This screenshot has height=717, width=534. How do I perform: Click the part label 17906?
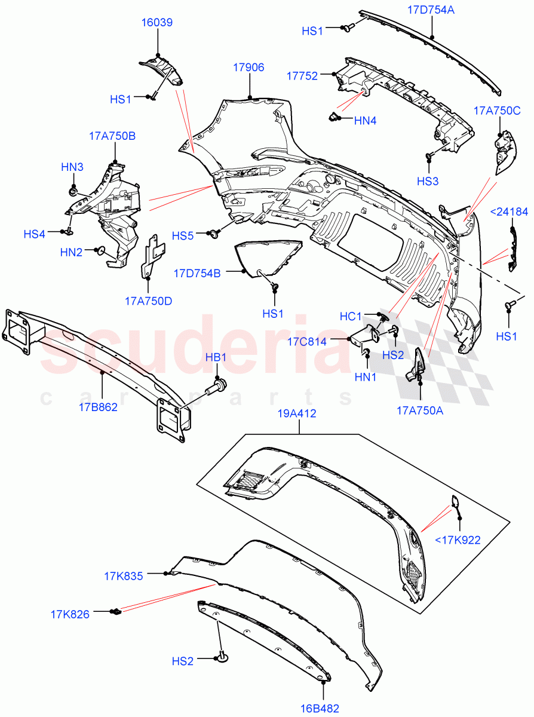[x=248, y=68]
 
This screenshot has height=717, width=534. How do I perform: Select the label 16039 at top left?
[x=157, y=23]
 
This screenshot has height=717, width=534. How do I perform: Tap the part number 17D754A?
[x=431, y=10]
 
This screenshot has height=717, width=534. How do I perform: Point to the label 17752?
[x=302, y=75]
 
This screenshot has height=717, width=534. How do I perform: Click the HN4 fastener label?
[x=365, y=121]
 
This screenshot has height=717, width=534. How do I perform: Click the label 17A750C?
[x=497, y=110]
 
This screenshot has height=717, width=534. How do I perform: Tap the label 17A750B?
[x=112, y=136]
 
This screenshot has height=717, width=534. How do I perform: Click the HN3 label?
[x=72, y=167]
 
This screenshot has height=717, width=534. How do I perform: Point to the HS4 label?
[x=35, y=234]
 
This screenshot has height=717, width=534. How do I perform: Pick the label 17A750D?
[x=149, y=301]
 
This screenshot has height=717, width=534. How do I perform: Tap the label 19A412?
[x=296, y=413]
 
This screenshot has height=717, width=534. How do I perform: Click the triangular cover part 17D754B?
[x=263, y=257]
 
